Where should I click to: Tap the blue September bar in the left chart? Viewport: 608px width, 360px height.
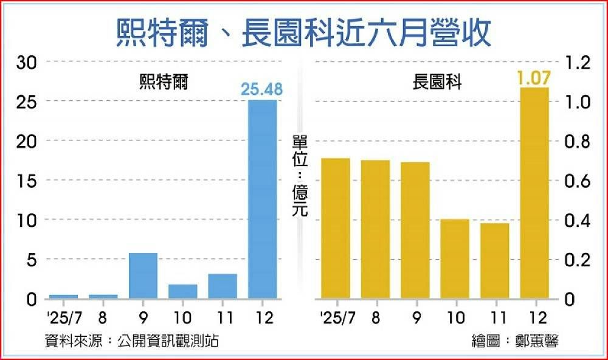tap(143, 275)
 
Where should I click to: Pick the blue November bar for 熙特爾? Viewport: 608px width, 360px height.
tap(223, 286)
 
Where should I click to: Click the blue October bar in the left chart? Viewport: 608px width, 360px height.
tap(183, 291)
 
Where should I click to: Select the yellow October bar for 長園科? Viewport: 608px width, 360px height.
tap(454, 259)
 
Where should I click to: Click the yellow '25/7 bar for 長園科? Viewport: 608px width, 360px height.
tap(335, 229)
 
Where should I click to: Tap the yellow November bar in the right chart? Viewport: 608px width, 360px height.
tap(494, 261)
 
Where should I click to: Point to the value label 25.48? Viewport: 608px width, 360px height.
tap(262, 90)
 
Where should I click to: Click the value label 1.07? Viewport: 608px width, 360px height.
tap(533, 78)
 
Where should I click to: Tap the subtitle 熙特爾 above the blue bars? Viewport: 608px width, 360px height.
tap(164, 83)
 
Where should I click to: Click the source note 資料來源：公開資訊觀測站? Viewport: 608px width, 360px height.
tap(131, 341)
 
